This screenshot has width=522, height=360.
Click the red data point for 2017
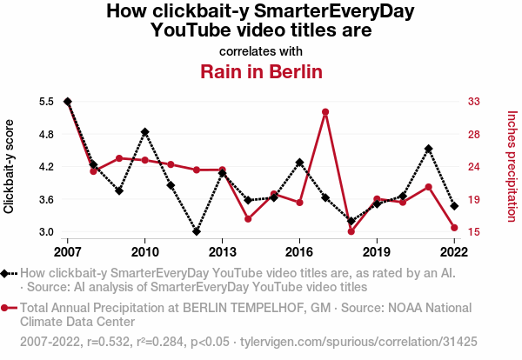point(325,112)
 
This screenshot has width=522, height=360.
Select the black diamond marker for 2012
point(197,232)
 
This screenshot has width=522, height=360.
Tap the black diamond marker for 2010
point(144,132)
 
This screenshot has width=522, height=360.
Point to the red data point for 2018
point(351,231)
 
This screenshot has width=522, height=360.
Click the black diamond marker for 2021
point(428,149)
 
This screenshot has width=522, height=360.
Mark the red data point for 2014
point(248,218)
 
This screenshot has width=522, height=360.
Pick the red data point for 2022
point(454,228)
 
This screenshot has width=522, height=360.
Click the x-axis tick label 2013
point(222,252)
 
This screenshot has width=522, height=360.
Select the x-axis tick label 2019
point(377,252)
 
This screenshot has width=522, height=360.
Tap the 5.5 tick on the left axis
point(46,102)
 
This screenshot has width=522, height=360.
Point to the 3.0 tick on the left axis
point(46,232)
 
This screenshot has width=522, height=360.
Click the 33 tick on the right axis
point(475,102)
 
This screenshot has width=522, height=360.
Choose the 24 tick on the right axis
point(475,167)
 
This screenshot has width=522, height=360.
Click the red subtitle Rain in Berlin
point(262,71)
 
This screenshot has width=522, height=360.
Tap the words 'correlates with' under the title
point(261,50)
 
